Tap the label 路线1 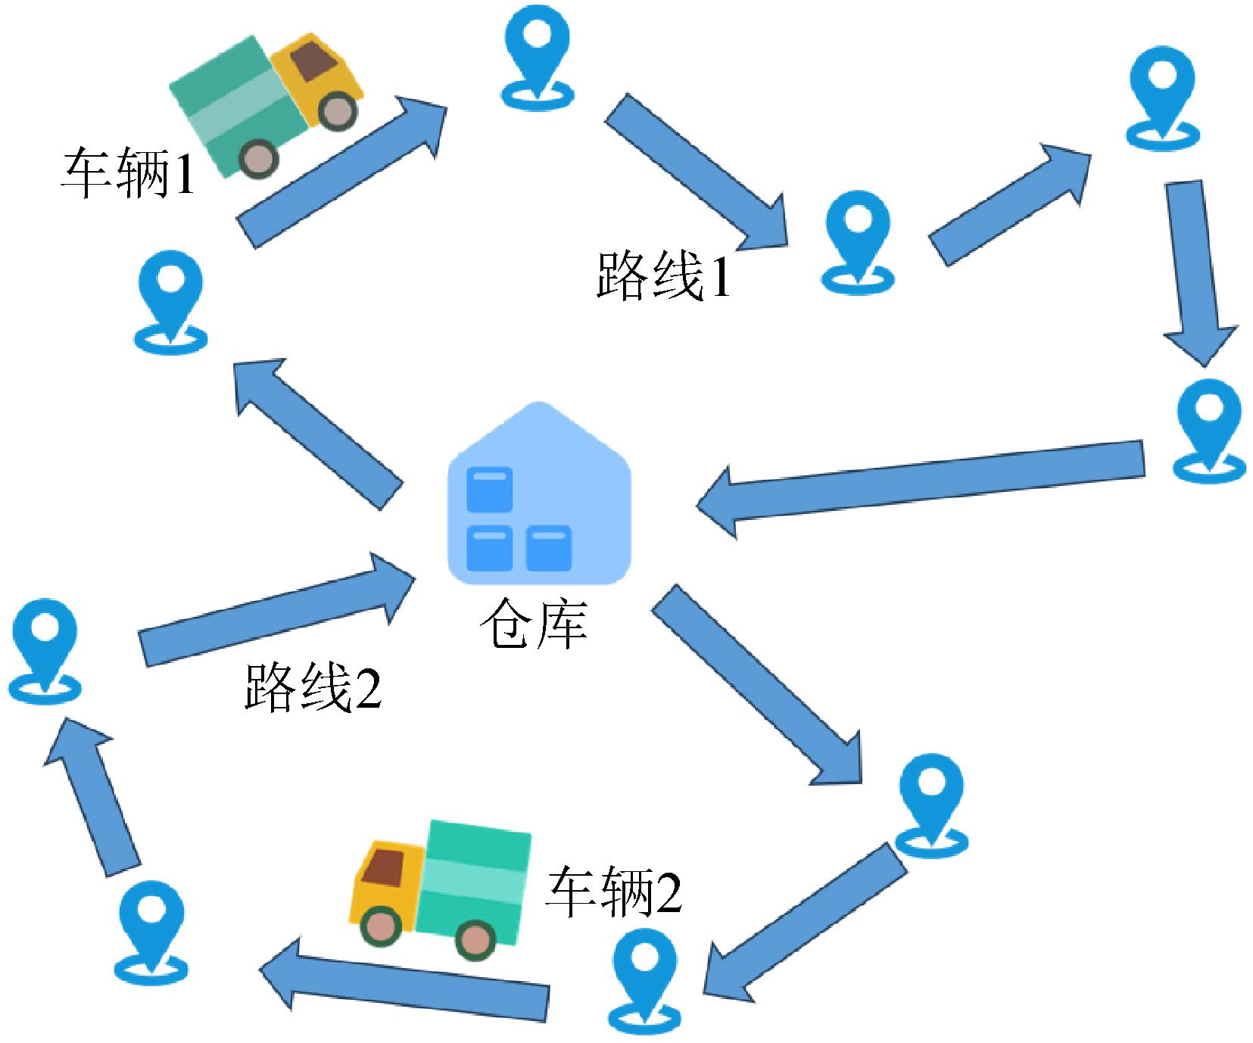(663, 276)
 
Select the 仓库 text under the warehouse (534, 625)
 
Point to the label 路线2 (312, 687)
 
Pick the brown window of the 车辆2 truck (383, 864)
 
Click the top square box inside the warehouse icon (489, 489)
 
